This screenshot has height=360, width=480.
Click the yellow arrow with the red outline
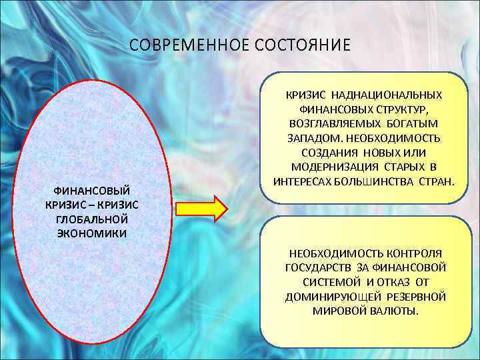201,208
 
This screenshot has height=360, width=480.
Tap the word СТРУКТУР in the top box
399,110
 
